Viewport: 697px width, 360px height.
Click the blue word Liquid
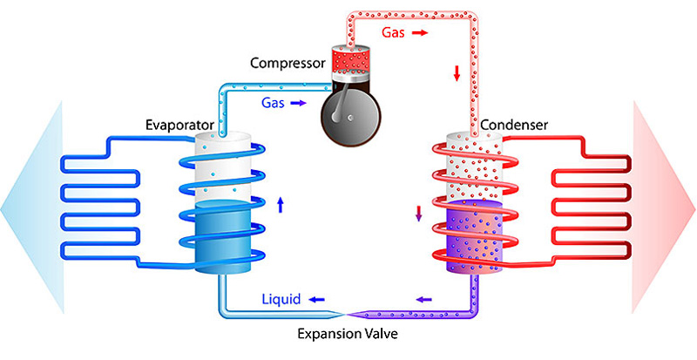pos(281,299)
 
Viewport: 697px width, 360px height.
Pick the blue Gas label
pos(273,102)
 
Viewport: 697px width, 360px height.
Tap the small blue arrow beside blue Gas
pos(298,103)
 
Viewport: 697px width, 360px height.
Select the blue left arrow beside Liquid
pos(315,299)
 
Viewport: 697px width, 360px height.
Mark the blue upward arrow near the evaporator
pos(280,205)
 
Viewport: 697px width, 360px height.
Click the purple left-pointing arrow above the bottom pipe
pos(423,299)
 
